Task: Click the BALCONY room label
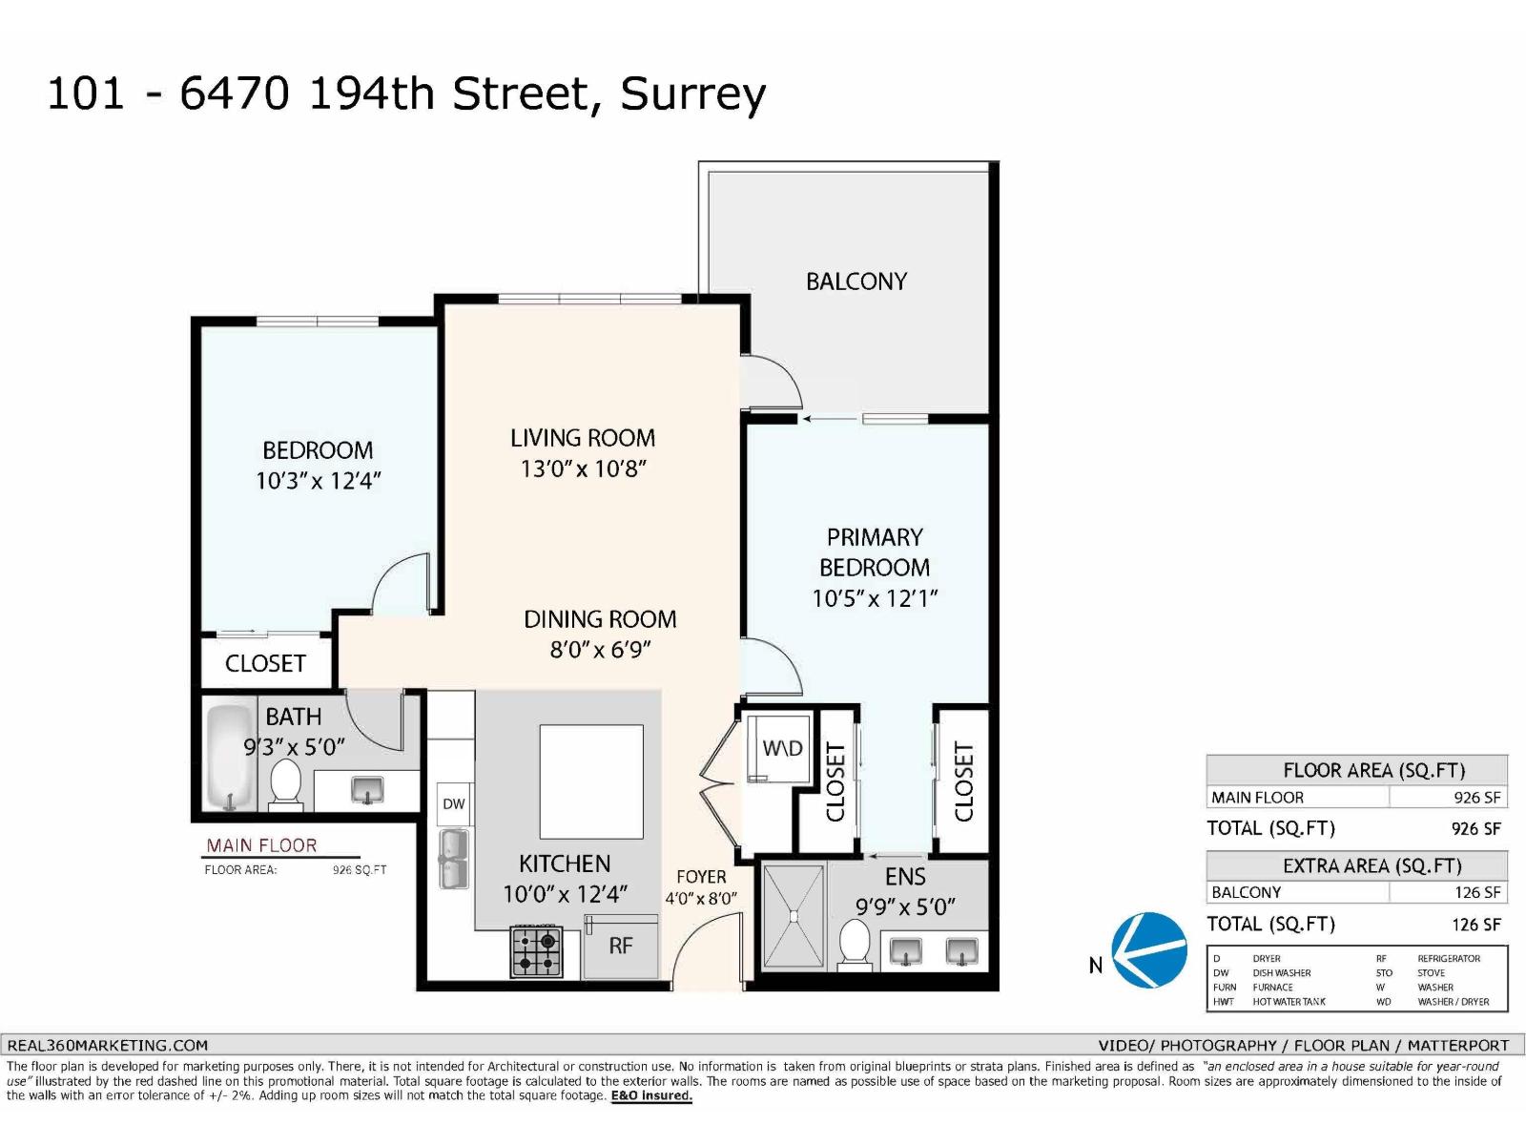point(856,281)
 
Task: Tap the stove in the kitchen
point(536,951)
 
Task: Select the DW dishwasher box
point(454,804)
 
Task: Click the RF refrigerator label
point(621,946)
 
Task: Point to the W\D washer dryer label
point(782,748)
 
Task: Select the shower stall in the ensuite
point(793,916)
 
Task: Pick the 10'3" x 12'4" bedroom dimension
point(318,481)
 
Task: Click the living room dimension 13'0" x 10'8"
point(583,468)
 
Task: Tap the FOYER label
point(701,876)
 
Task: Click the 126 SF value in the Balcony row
point(1476,893)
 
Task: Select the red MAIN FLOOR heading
point(261,845)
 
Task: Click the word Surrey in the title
point(692,94)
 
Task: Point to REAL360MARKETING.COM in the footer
point(108,1046)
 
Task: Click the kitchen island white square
point(591,781)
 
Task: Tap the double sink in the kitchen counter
point(454,859)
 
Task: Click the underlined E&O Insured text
point(651,1096)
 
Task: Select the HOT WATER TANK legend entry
point(1289,1002)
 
